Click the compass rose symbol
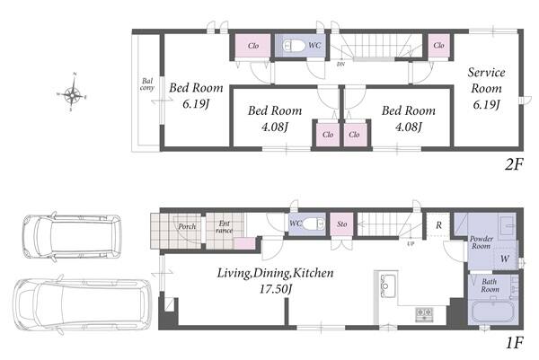(72, 92)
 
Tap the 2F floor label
(514, 165)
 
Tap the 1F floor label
(514, 342)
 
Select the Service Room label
(486, 81)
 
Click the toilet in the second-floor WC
(294, 46)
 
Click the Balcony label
(147, 84)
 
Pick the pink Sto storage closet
(341, 224)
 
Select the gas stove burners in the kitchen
(424, 314)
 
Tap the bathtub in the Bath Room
(493, 312)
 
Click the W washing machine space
(505, 259)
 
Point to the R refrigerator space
(438, 225)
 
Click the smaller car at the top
(72, 237)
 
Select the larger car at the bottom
(83, 304)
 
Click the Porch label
(187, 226)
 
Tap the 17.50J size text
(276, 289)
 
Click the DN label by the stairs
(340, 64)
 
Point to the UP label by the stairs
(411, 243)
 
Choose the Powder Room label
(482, 242)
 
